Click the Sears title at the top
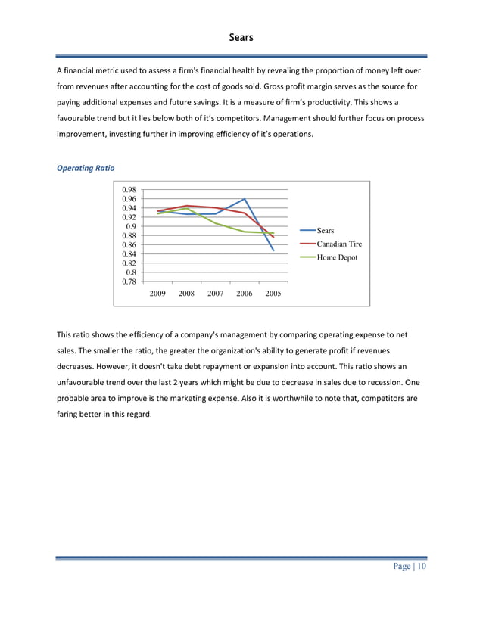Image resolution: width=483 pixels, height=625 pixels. pyautogui.click(x=241, y=36)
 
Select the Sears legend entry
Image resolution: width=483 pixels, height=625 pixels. pyautogui.click(x=326, y=230)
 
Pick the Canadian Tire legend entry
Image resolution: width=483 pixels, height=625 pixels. pyautogui.click(x=339, y=244)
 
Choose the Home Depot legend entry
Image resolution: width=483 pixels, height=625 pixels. pyautogui.click(x=337, y=257)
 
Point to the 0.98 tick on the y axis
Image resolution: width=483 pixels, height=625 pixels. pyautogui.click(x=128, y=190)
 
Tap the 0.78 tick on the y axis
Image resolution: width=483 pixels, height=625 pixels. pyautogui.click(x=128, y=281)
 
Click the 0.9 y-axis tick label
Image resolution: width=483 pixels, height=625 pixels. pyautogui.click(x=130, y=226)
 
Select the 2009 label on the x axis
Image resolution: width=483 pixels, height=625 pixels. pyautogui.click(x=157, y=293)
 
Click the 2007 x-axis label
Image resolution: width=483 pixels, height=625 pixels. pyautogui.click(x=215, y=293)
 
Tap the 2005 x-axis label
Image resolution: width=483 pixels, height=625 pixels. pyautogui.click(x=273, y=293)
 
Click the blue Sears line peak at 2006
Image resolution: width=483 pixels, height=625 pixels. pyautogui.click(x=245, y=199)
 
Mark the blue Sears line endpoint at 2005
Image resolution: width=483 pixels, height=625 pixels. pyautogui.click(x=273, y=250)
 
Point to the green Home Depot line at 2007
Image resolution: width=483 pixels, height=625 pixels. pyautogui.click(x=216, y=223)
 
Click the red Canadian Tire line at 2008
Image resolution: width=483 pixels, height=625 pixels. pyautogui.click(x=186, y=205)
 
